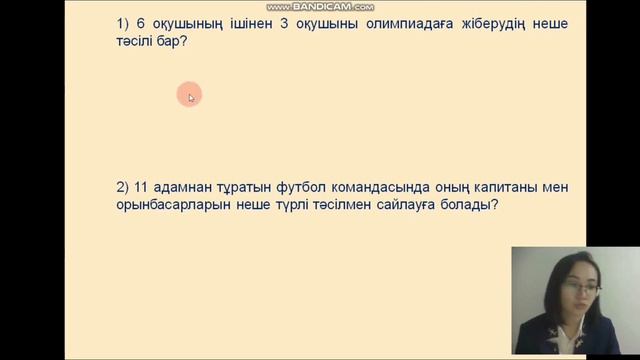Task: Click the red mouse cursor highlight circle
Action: point(189,96)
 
